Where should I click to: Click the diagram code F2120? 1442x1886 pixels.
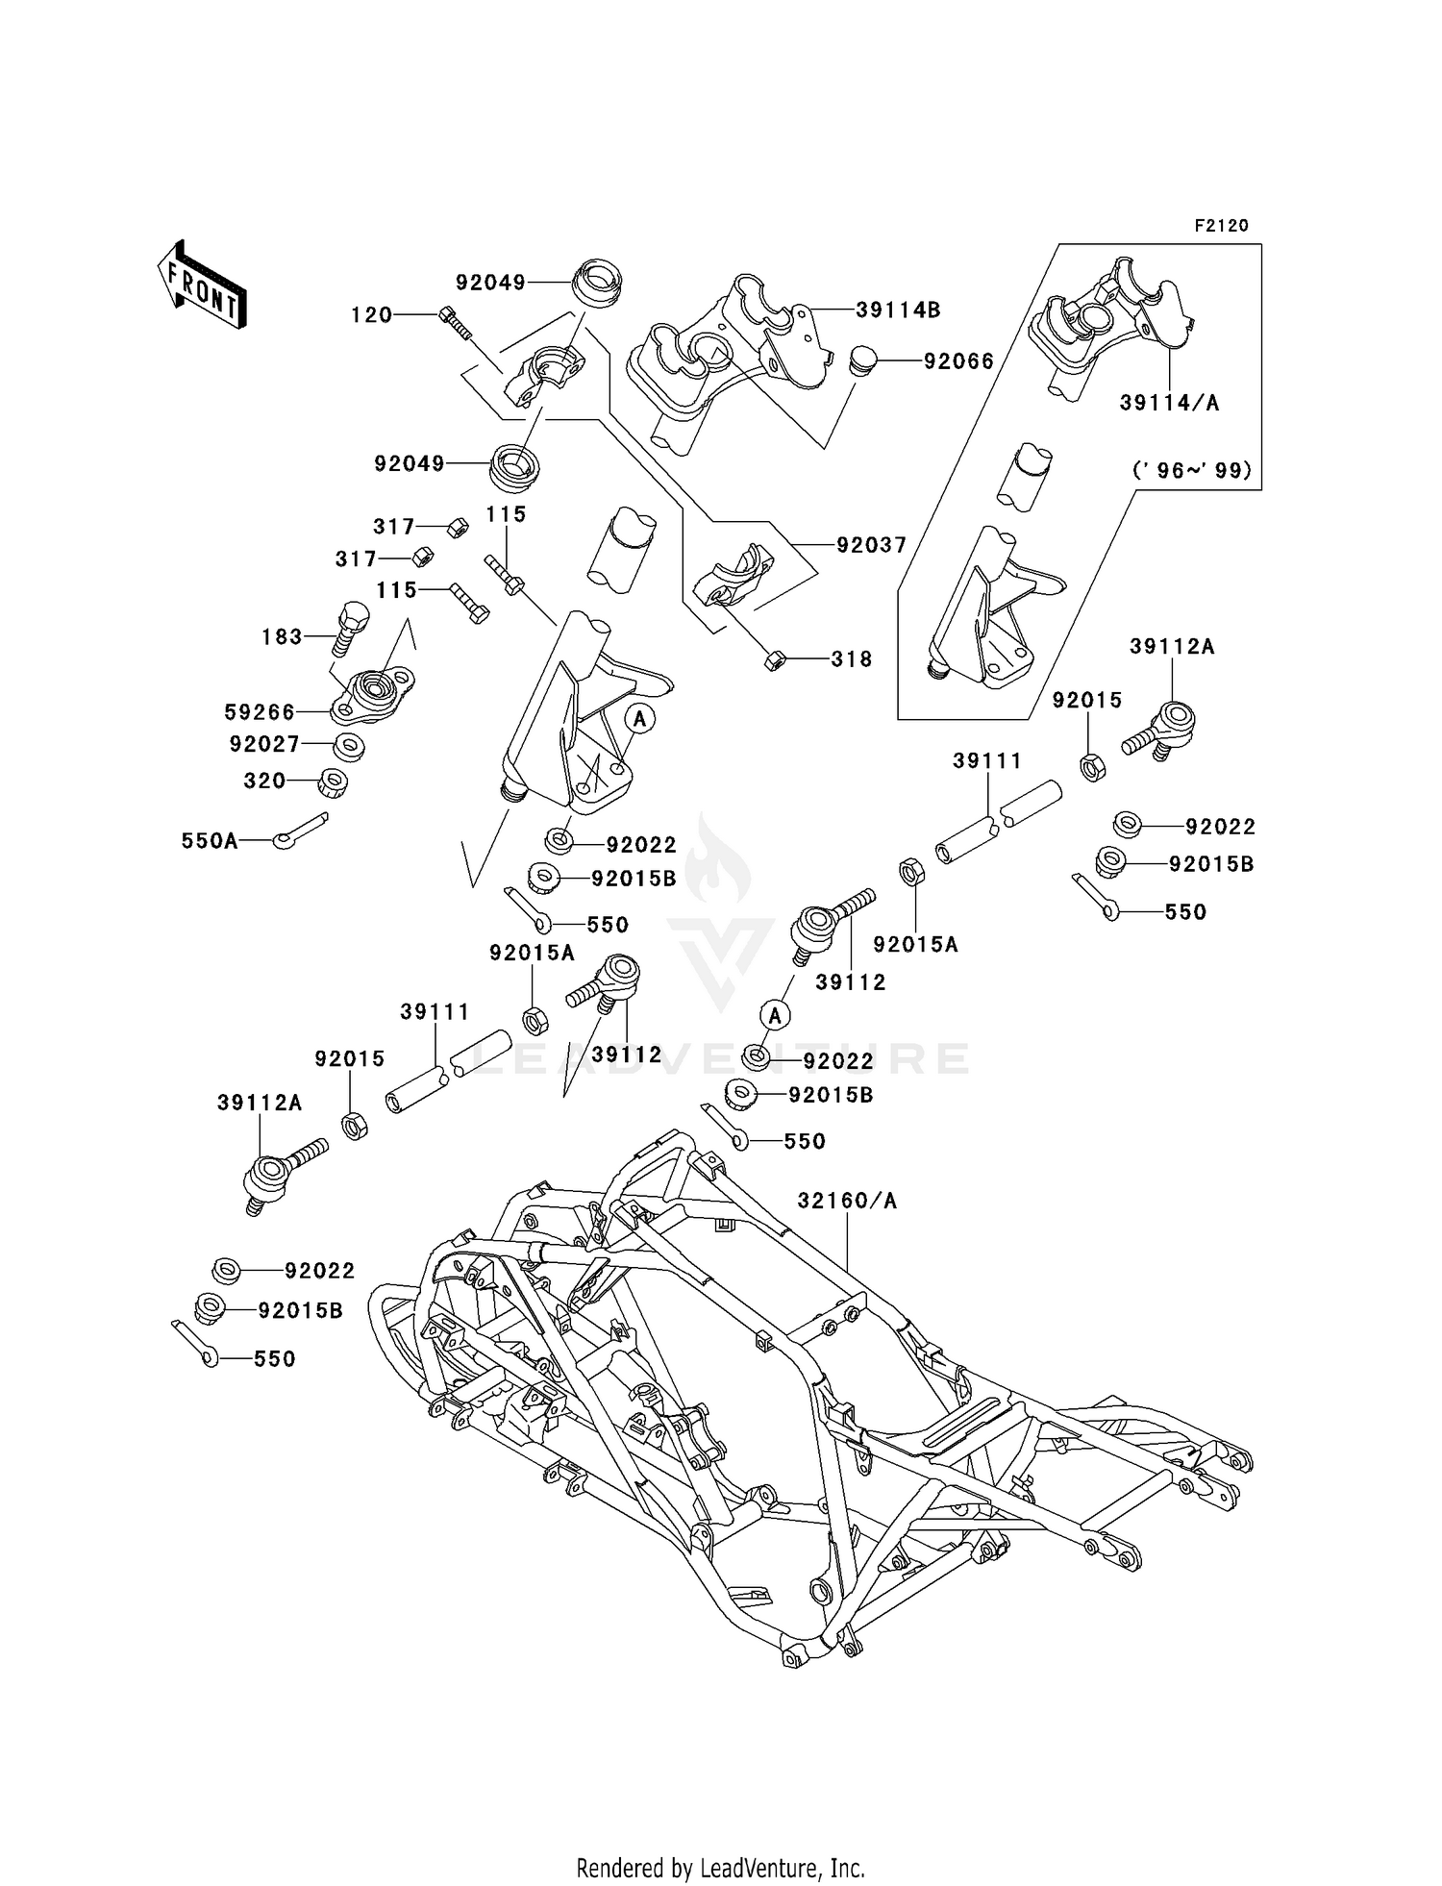(x=1221, y=226)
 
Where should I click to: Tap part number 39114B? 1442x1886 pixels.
(x=898, y=310)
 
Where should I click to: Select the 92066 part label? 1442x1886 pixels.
(x=958, y=361)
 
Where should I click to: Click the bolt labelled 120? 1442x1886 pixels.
(x=456, y=322)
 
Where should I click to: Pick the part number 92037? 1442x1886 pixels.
(x=871, y=545)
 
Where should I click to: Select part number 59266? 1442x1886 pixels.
(x=260, y=711)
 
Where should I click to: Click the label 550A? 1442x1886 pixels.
(x=210, y=841)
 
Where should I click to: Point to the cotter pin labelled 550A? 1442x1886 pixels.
(x=300, y=831)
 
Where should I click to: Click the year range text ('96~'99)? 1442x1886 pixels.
(x=1192, y=471)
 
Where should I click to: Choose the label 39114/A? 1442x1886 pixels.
(x=1169, y=404)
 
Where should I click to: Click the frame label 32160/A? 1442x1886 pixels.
(x=847, y=1201)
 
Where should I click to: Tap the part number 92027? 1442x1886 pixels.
(x=264, y=744)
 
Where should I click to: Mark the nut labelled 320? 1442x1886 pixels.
(x=333, y=782)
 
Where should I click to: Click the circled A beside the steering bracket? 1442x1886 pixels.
(x=640, y=718)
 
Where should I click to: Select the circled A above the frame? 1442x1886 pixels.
(x=775, y=1015)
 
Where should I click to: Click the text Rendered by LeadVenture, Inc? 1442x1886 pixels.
(x=720, y=1868)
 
